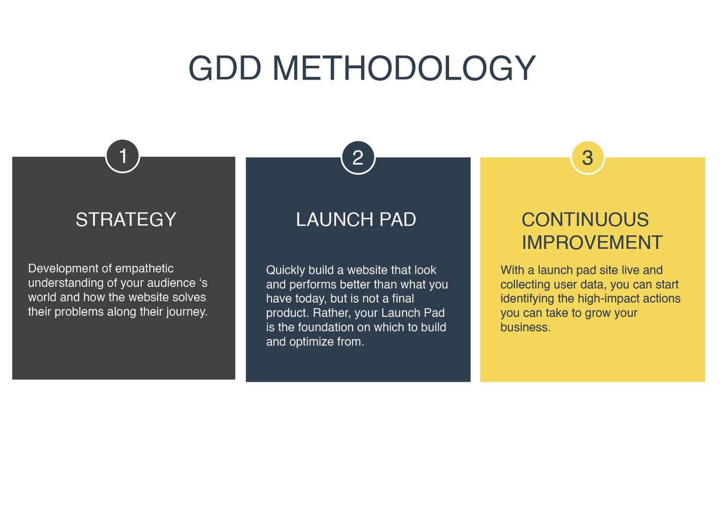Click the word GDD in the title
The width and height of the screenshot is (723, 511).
click(x=225, y=68)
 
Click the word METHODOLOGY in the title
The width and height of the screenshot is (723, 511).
click(x=404, y=68)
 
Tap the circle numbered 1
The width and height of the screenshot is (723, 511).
click(x=123, y=156)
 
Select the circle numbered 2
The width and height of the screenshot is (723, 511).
click(x=358, y=158)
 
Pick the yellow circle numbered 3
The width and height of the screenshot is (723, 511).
click(x=587, y=158)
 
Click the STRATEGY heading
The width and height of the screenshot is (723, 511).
click(x=126, y=219)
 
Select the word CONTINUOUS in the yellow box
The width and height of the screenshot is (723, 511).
click(x=585, y=219)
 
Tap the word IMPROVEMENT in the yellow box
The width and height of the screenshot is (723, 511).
click(x=592, y=243)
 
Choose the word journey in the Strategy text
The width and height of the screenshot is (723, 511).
click(x=188, y=312)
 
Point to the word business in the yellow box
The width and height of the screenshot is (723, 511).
click(x=525, y=327)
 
